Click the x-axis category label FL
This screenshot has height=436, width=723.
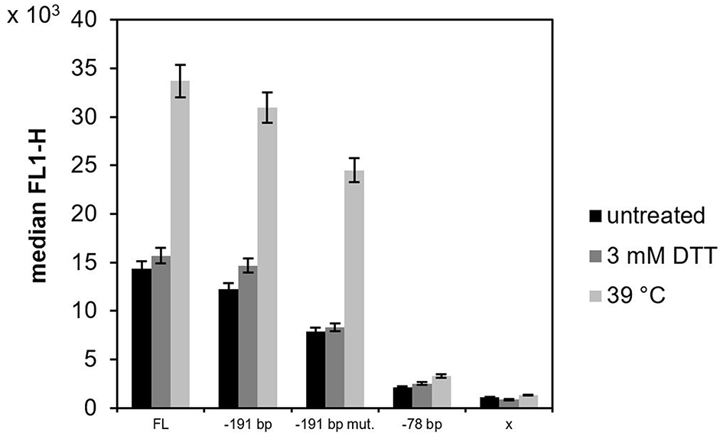click(160, 423)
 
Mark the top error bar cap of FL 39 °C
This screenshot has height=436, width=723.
click(180, 65)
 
